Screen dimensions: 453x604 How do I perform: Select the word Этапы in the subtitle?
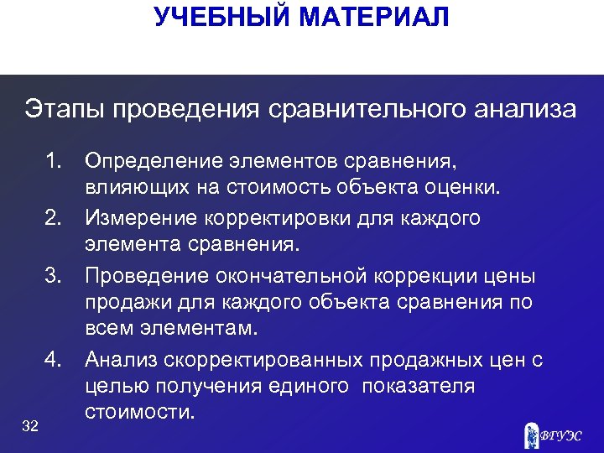[x=60, y=110]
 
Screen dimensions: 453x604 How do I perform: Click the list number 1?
[x=55, y=159]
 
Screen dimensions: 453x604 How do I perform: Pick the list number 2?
[x=55, y=218]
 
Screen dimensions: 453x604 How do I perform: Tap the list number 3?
[x=55, y=277]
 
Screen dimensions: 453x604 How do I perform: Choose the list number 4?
[x=55, y=360]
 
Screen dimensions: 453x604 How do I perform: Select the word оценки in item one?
[x=469, y=189]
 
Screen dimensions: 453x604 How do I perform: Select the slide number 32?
[x=31, y=427]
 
